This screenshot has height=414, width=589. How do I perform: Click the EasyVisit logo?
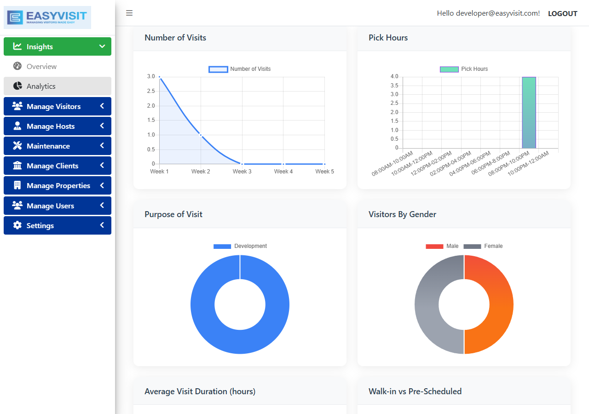[x=47, y=17]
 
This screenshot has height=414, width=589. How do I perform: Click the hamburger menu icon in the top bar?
[x=129, y=13]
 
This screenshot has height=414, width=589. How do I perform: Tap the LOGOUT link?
[x=562, y=14]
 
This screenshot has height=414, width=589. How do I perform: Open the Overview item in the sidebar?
[x=41, y=67]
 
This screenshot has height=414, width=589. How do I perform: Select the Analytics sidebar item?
[x=41, y=86]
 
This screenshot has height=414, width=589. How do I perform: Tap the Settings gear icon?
[x=17, y=225]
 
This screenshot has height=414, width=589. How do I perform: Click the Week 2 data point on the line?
[x=201, y=135]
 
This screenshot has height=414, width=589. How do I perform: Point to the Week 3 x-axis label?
[x=242, y=172]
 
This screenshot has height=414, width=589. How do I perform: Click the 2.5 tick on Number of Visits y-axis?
[x=150, y=91]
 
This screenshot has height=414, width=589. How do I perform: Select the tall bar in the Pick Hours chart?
[x=529, y=113]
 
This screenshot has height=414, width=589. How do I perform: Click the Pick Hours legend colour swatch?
[x=449, y=69]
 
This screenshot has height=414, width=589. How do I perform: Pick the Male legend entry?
[x=442, y=246]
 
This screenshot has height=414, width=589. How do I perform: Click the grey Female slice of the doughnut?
[x=427, y=305]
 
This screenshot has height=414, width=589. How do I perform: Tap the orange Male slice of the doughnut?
[x=501, y=305]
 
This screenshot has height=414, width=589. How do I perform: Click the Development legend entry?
[x=240, y=246]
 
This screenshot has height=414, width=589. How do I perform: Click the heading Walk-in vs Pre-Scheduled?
[x=415, y=391]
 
